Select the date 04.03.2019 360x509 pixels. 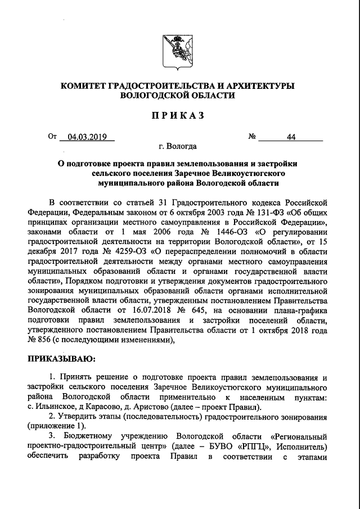pyautogui.click(x=87, y=137)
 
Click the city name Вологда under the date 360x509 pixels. pyautogui.click(x=183, y=147)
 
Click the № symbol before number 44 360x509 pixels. pyautogui.click(x=253, y=137)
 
